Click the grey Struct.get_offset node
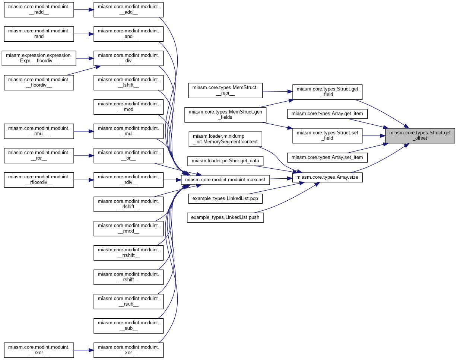tap(420, 136)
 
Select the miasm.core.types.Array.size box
tap(327, 177)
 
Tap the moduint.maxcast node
tap(225, 180)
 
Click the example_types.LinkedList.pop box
tap(225, 198)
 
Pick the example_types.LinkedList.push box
tap(225, 217)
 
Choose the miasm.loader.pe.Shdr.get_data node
tap(225, 161)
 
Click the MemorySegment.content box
tap(225, 139)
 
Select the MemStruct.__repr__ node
tap(225, 90)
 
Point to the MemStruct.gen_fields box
tap(225, 115)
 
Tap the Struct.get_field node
tap(327, 92)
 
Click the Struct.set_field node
tap(327, 136)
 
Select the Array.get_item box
tap(327, 113)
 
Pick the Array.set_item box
tap(327, 157)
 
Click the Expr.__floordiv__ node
tap(39, 58)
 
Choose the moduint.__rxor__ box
tap(39, 350)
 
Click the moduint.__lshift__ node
tap(128, 83)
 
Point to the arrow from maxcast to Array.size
tap(281, 179)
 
